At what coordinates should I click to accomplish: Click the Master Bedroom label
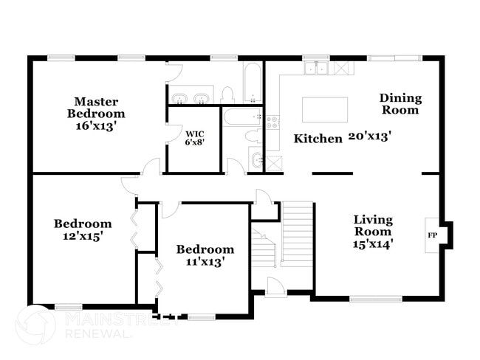click(96, 108)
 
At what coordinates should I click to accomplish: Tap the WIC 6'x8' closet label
click(195, 138)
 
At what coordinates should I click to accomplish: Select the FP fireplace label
click(432, 235)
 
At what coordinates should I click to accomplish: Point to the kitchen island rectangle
click(325, 110)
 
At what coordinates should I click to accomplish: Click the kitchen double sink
click(316, 68)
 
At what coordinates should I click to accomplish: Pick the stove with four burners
click(272, 122)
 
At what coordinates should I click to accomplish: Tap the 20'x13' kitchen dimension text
click(370, 136)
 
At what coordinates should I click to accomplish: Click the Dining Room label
click(400, 104)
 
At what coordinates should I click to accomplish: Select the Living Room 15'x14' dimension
click(372, 244)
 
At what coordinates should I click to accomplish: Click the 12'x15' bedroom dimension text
click(83, 236)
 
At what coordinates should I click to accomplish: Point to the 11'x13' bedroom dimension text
click(205, 262)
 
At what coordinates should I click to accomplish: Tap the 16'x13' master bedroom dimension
click(97, 125)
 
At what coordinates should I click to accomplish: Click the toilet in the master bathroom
click(227, 95)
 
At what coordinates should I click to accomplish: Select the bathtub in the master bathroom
click(253, 83)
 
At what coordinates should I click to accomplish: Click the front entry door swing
click(275, 286)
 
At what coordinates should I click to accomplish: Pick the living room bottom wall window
click(376, 299)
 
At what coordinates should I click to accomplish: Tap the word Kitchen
click(318, 139)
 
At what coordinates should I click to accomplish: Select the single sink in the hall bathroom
click(256, 159)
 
